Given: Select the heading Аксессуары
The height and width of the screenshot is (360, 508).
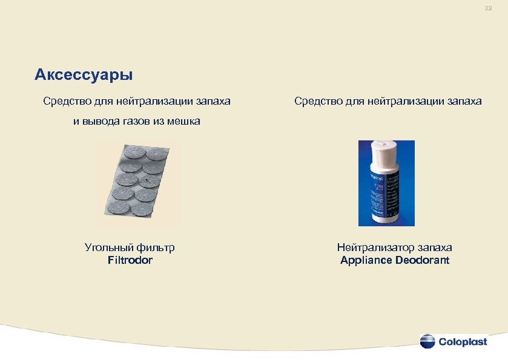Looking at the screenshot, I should tap(84, 75).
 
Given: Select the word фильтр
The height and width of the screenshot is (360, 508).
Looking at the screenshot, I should tap(156, 247).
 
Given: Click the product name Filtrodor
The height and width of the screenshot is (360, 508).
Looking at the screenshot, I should tap(130, 260).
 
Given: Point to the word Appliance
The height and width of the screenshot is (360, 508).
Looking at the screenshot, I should tap(365, 260).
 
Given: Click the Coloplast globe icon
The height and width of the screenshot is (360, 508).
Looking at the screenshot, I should tap(427, 341).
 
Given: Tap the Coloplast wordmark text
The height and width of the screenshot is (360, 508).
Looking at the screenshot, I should tap(463, 342).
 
